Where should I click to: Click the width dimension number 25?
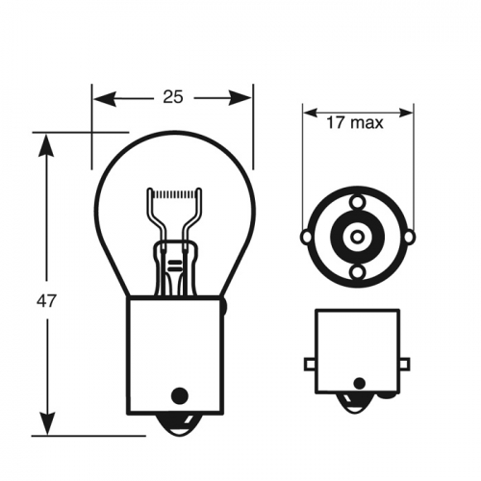pos(174,97)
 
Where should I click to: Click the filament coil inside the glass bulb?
pos(175,195)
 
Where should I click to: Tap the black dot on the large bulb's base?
pos(177,394)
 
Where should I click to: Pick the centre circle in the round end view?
pos(357,237)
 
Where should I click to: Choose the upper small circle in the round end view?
pos(357,202)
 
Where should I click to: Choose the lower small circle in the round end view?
pos(357,271)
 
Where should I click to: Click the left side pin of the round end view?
pos(307,237)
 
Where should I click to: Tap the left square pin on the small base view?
pos(310,364)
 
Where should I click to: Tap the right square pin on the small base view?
pos(404,364)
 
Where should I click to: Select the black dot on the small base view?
pos(358,384)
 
